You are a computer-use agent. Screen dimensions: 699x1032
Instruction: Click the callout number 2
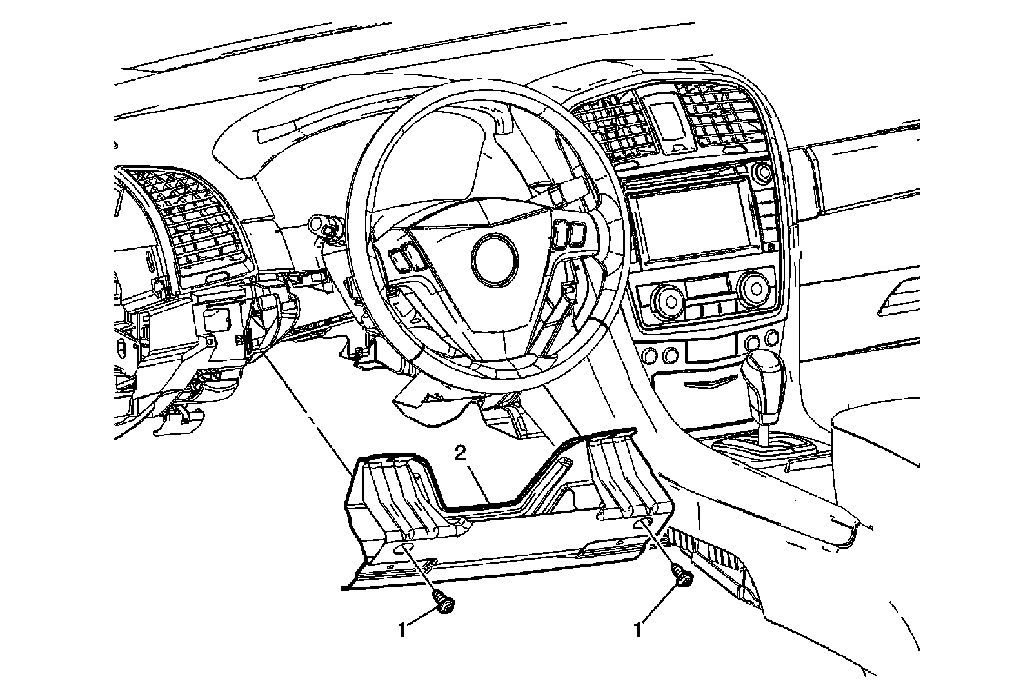tap(460, 454)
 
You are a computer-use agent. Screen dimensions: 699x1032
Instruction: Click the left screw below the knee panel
tap(443, 603)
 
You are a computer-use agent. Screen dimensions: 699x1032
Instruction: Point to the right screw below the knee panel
tap(682, 575)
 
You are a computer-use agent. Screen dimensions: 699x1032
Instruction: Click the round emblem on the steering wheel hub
tap(495, 259)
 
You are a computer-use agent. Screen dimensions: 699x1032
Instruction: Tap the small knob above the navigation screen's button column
tap(764, 172)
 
